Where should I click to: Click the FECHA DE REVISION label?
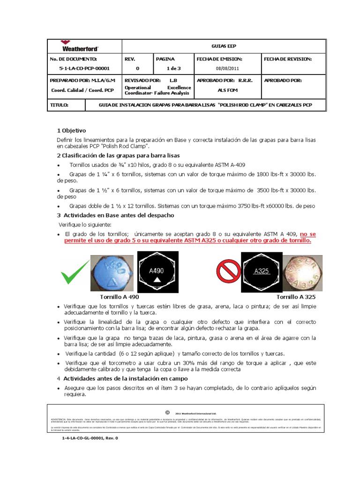288,59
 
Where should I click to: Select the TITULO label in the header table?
59,105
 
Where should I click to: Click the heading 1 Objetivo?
71,130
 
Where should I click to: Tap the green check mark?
75,271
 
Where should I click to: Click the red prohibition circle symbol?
227,271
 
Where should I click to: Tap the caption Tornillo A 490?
120,297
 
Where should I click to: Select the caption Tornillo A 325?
296,297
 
